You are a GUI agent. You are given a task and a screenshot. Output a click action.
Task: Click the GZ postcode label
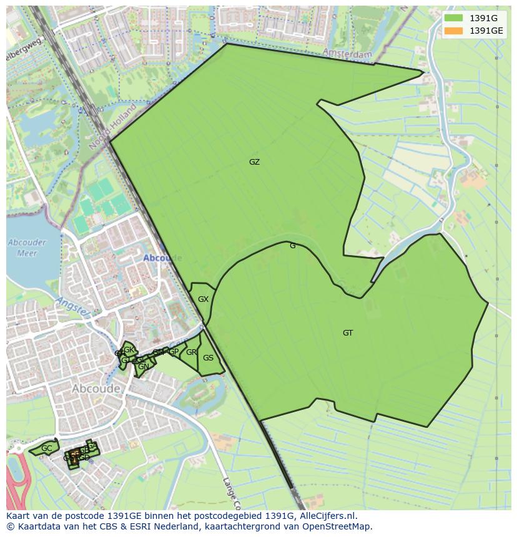click(x=254, y=162)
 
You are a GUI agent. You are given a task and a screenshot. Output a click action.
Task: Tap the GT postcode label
click(x=348, y=333)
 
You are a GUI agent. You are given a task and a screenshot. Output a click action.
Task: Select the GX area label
click(x=203, y=299)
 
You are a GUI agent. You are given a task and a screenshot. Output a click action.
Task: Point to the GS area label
click(x=208, y=358)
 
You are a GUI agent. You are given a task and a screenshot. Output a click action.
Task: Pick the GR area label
click(x=191, y=352)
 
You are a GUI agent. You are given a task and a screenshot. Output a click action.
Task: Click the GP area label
click(x=174, y=352)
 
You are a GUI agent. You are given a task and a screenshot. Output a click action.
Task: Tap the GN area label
click(x=143, y=367)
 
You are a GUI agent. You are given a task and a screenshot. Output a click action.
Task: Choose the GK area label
click(x=129, y=350)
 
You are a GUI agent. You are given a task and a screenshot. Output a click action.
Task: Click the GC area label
click(x=47, y=448)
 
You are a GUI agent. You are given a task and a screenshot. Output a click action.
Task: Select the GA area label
click(x=92, y=446)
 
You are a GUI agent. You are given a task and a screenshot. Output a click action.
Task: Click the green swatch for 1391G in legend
click(x=454, y=19)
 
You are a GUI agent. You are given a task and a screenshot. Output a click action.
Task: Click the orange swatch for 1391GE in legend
click(x=454, y=31)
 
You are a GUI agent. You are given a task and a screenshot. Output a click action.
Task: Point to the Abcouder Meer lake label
click(x=23, y=248)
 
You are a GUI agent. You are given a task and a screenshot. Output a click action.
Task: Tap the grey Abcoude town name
click(x=96, y=389)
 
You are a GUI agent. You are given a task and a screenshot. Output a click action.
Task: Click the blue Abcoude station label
click(x=162, y=258)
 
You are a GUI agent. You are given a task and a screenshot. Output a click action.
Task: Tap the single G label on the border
click(x=292, y=246)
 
